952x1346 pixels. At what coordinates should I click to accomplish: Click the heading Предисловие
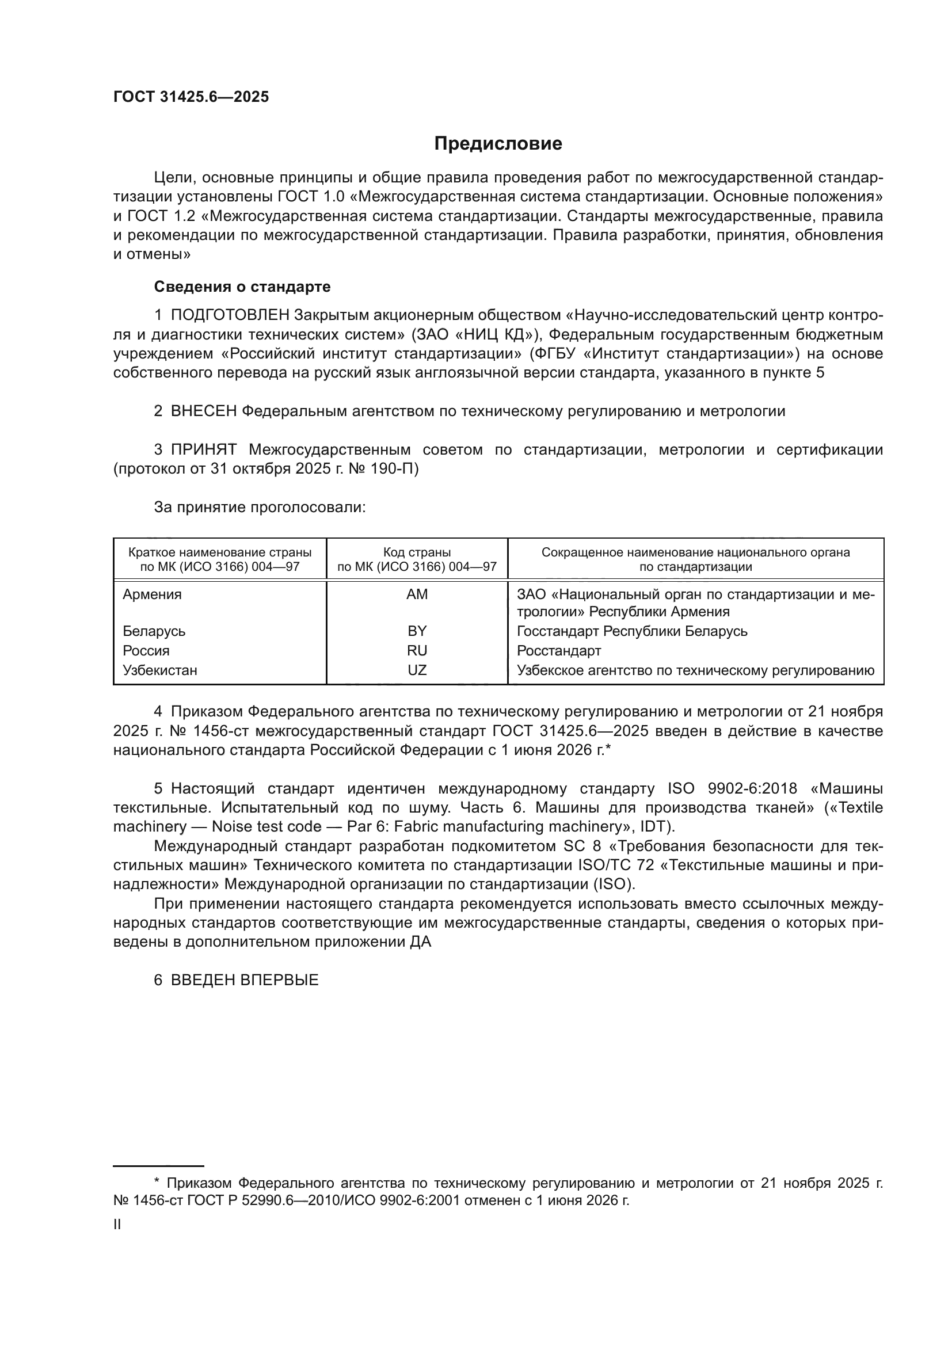click(x=498, y=144)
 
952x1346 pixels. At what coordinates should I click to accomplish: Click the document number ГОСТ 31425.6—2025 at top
click(x=191, y=97)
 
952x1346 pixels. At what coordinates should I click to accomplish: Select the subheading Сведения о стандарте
click(x=242, y=287)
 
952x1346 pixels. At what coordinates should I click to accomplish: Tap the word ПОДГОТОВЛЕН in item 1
click(x=230, y=315)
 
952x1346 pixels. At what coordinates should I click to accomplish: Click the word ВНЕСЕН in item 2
click(x=203, y=411)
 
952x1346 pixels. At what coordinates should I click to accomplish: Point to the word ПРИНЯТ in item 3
click(x=203, y=450)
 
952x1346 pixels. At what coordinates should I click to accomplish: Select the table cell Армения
click(x=152, y=594)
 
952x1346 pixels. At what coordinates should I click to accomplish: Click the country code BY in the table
click(x=417, y=631)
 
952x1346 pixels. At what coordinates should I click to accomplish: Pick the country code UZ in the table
click(x=417, y=670)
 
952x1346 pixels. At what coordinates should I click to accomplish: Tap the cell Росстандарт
click(x=559, y=651)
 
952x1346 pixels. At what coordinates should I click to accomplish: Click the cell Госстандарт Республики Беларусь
click(x=632, y=631)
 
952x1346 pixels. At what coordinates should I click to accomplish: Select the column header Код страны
click(x=417, y=552)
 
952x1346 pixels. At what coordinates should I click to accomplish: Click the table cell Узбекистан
click(x=159, y=670)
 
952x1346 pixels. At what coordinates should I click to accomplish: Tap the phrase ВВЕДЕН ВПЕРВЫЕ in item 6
click(x=245, y=980)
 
